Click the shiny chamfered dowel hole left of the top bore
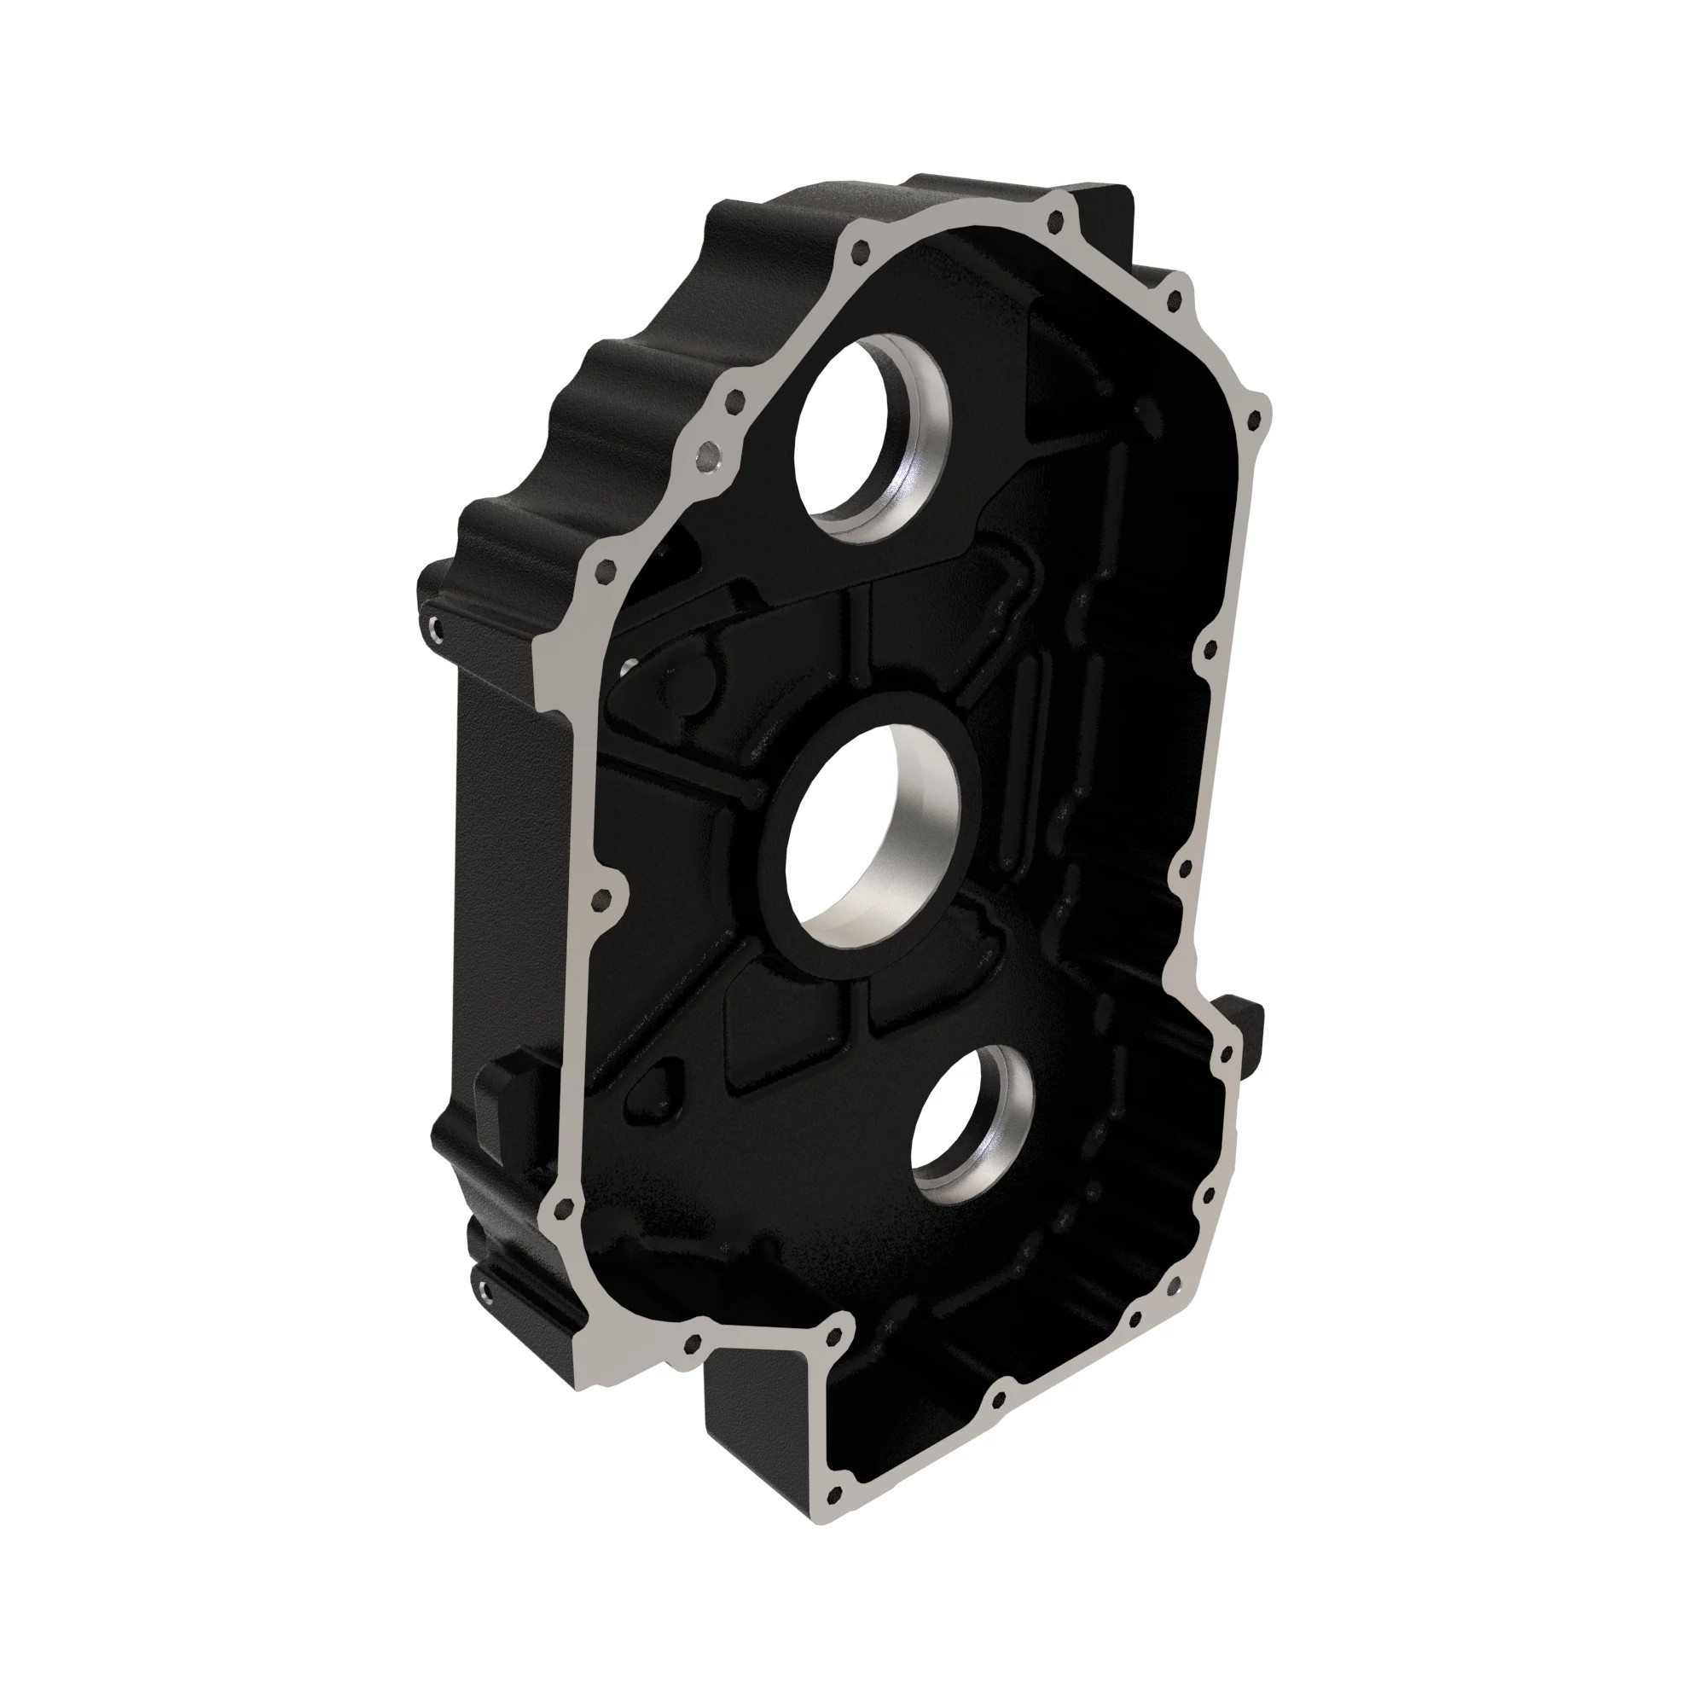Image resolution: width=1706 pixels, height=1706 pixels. (x=707, y=458)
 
